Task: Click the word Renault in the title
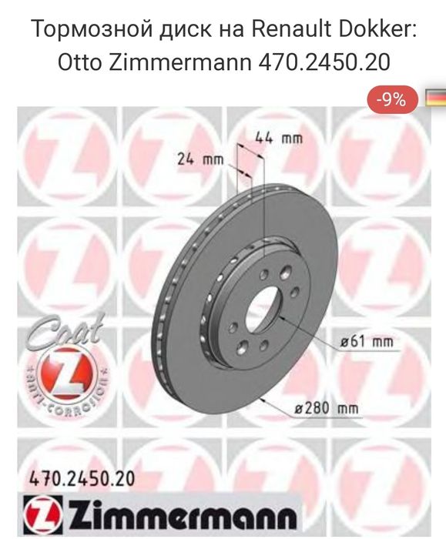290,29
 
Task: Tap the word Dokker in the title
377,29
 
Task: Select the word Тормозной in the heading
92,30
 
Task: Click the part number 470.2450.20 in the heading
324,62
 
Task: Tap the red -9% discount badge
393,100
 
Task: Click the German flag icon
436,98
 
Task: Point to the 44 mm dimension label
279,139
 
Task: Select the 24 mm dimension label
200,159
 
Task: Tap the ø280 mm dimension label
327,409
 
